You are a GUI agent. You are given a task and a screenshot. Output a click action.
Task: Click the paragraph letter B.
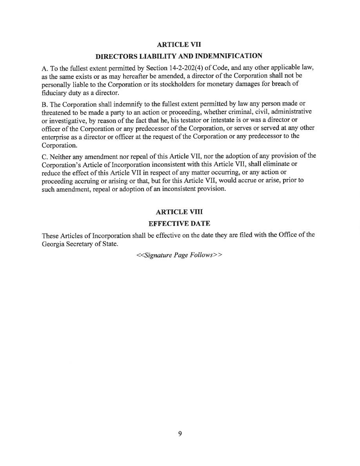tap(44, 104)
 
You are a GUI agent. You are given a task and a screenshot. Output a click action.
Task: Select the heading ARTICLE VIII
tap(179, 212)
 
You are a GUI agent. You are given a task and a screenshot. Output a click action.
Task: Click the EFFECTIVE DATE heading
tap(179, 224)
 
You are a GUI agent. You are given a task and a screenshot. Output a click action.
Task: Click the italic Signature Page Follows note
tap(179, 255)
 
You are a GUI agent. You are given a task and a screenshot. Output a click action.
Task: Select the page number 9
tap(180, 433)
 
